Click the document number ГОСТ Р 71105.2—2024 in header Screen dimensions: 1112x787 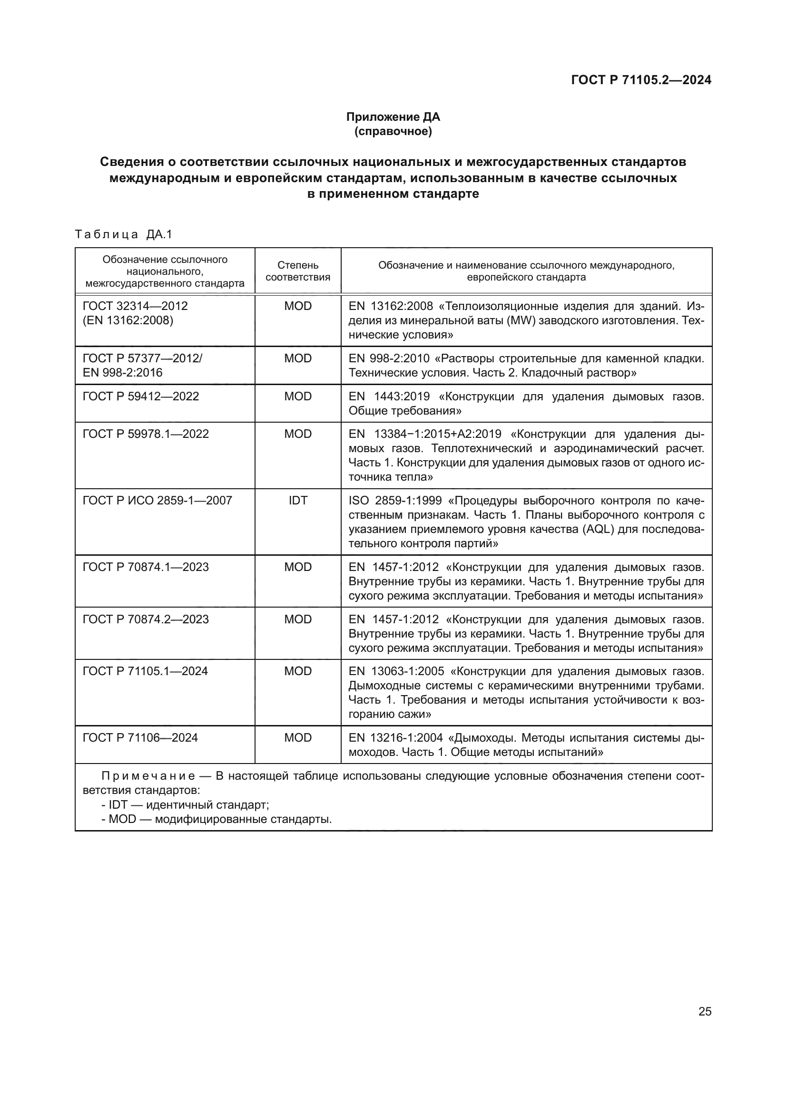[x=641, y=80]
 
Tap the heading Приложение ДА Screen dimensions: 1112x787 [x=393, y=117]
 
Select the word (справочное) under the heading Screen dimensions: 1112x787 [x=393, y=131]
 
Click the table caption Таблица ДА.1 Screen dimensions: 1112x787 [x=124, y=235]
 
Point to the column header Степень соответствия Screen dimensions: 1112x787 [x=297, y=271]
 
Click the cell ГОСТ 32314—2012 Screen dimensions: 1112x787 [x=135, y=306]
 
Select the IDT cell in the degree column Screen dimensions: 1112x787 [x=297, y=500]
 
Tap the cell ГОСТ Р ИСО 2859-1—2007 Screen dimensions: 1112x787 [x=157, y=500]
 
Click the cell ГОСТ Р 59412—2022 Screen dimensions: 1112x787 [x=141, y=396]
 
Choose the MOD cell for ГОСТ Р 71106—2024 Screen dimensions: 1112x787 [x=297, y=738]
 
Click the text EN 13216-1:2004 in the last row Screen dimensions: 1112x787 [x=395, y=738]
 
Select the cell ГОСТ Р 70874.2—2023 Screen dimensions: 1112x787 [x=146, y=619]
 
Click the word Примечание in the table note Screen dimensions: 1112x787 [x=148, y=776]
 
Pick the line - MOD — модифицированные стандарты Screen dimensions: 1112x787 [x=216, y=819]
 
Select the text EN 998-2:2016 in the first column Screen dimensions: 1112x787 [x=123, y=372]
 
